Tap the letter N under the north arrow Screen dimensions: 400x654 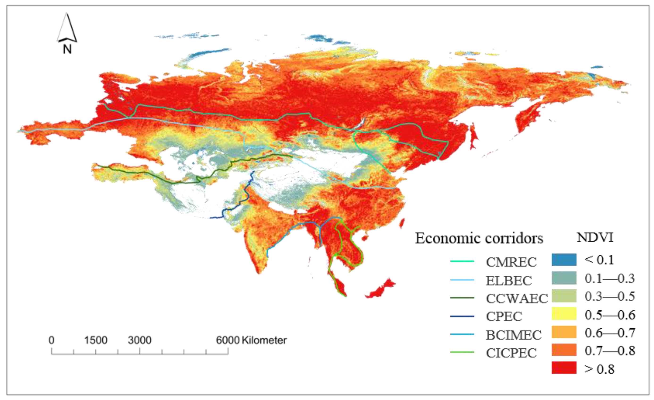[x=67, y=49]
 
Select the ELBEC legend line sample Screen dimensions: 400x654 [x=462, y=280]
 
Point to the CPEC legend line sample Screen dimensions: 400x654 [x=462, y=316]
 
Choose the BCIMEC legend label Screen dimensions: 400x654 [x=514, y=335]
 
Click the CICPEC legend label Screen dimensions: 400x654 [x=511, y=353]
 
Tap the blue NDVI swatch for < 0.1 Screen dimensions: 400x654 [x=564, y=260]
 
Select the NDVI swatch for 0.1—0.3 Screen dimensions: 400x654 [x=564, y=278]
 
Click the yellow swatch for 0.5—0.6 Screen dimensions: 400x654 [x=564, y=314]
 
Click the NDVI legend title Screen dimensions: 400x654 [x=595, y=237]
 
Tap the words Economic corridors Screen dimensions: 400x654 [x=479, y=238]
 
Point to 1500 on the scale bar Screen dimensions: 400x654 [x=96, y=340]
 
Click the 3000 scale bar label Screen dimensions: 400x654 [x=140, y=340]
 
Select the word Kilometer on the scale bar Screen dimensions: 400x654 [x=264, y=340]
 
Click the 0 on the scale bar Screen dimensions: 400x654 [x=51, y=340]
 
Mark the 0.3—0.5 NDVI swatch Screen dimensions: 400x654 [x=564, y=296]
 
